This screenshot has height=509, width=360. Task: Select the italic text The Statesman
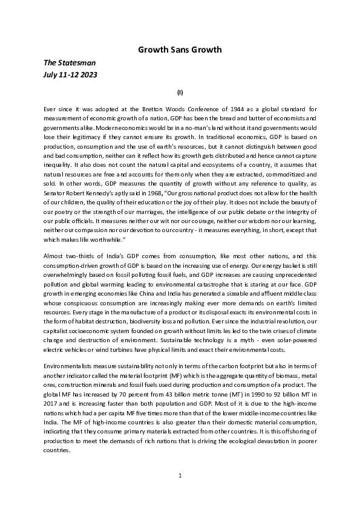70,62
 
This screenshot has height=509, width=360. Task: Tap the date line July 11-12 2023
71,74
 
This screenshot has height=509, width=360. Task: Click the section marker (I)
180,92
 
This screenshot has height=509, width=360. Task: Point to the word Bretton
152,108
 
